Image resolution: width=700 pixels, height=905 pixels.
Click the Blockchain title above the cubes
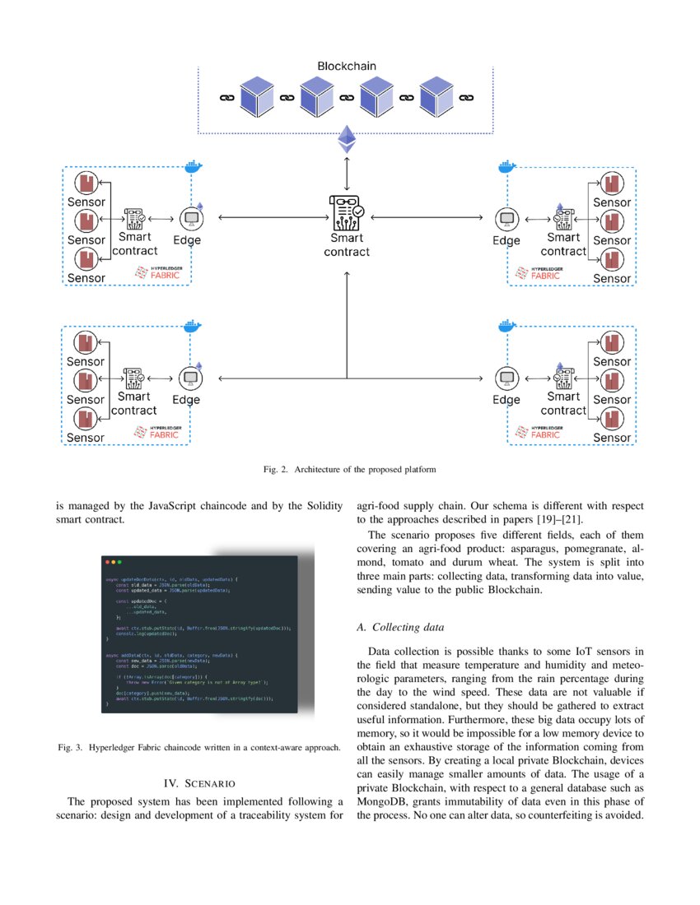pyautogui.click(x=347, y=65)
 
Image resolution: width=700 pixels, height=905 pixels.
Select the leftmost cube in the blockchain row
pyautogui.click(x=256, y=98)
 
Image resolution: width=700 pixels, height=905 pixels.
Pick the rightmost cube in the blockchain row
pyautogui.click(x=436, y=98)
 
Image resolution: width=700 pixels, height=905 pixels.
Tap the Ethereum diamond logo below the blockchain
pyautogui.click(x=347, y=140)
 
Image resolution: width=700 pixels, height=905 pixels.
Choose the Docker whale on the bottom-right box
pyautogui.click(x=506, y=327)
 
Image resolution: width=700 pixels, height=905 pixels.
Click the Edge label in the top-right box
pyautogui.click(x=506, y=240)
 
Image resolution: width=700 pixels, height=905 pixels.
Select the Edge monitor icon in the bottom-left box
pyautogui.click(x=190, y=378)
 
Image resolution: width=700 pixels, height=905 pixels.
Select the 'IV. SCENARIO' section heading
pyautogui.click(x=199, y=782)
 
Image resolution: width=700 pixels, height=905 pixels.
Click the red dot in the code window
pyautogui.click(x=107, y=562)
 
